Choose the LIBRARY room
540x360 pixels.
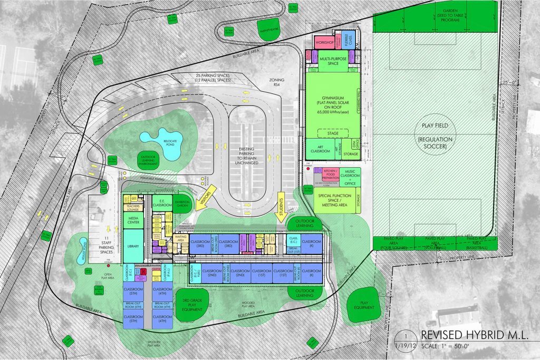point(133,247)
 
